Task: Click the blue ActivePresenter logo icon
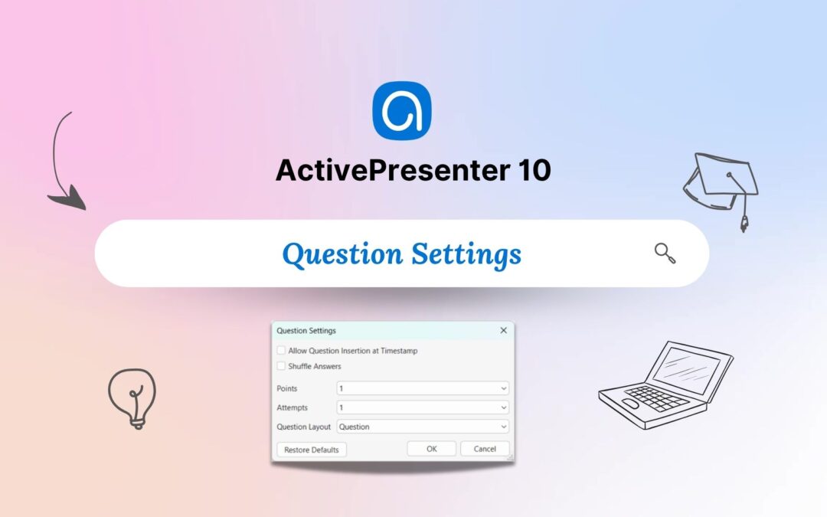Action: click(402, 110)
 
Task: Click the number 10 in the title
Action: click(534, 170)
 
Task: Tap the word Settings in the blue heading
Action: click(466, 254)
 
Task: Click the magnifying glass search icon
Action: click(665, 254)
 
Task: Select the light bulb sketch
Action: click(132, 398)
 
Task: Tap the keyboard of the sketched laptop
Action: click(657, 398)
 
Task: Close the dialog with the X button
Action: click(504, 330)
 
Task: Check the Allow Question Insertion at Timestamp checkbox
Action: click(281, 350)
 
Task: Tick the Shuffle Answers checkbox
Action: click(281, 365)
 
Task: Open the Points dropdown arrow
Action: click(504, 388)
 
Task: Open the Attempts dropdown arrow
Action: click(504, 407)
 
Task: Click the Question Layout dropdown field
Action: click(423, 427)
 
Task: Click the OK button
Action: click(431, 449)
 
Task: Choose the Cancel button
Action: click(485, 449)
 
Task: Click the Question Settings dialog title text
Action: click(306, 331)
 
